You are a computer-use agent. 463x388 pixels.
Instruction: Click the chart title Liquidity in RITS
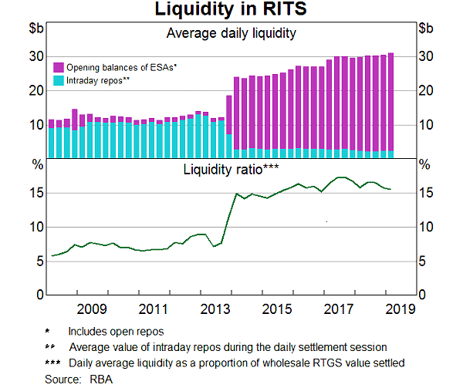tap(231, 10)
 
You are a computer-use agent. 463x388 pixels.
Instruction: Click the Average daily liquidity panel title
tap(231, 33)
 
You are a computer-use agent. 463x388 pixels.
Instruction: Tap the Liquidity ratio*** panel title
tap(231, 169)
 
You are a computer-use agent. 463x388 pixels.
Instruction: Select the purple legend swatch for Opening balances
tap(58, 68)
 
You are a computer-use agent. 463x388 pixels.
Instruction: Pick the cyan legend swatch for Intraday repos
tap(58, 79)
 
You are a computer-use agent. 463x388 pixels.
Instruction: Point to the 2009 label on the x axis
tap(92, 309)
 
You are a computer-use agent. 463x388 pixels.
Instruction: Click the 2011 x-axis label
tap(154, 309)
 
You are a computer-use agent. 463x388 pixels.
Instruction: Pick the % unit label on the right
tap(424, 164)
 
